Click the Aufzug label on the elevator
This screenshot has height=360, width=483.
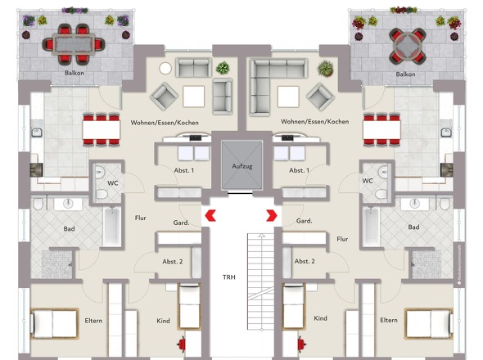(x=242, y=166)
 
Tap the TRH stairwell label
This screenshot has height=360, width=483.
(x=229, y=277)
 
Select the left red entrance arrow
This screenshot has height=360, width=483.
(x=210, y=215)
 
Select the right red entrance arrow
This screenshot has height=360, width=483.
(x=272, y=215)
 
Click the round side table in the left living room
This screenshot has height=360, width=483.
(x=165, y=69)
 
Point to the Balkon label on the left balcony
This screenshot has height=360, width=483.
(x=74, y=73)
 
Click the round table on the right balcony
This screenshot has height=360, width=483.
(x=407, y=46)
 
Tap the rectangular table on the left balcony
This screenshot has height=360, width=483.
(x=74, y=45)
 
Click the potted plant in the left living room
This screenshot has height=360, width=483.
(x=223, y=68)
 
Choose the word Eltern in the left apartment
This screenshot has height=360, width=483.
(x=93, y=321)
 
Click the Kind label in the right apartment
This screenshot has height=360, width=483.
(x=320, y=318)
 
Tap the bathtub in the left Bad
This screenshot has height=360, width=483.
(x=111, y=227)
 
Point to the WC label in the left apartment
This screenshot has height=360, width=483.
(x=113, y=183)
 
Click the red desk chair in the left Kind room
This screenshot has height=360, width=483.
(x=182, y=344)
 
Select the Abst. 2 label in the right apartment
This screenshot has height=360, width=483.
(x=305, y=261)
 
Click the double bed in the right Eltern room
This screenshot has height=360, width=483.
(x=428, y=324)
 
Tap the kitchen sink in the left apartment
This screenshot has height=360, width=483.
(x=37, y=133)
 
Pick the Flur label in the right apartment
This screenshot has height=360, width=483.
(x=342, y=239)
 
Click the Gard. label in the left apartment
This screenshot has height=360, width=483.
(x=181, y=223)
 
